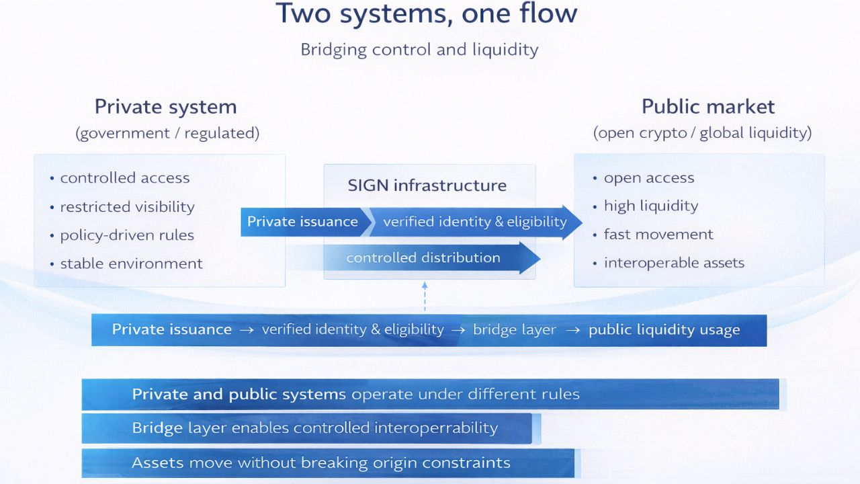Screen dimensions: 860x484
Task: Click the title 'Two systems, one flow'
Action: click(x=426, y=15)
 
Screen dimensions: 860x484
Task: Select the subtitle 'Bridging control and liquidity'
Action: click(x=419, y=50)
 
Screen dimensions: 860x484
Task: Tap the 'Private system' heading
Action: click(x=165, y=107)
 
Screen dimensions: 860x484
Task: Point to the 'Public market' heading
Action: click(x=708, y=107)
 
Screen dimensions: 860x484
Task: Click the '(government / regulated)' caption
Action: click(x=167, y=133)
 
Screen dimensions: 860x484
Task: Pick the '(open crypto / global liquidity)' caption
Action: click(x=702, y=133)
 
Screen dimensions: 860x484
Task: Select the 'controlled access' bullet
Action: click(x=125, y=178)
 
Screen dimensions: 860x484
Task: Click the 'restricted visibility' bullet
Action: click(x=127, y=207)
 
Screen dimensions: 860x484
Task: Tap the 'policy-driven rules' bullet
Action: click(x=127, y=235)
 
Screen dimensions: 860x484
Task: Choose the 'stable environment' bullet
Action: click(x=131, y=264)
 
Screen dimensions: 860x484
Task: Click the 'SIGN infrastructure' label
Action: click(x=427, y=186)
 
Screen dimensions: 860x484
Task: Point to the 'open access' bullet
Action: click(x=649, y=178)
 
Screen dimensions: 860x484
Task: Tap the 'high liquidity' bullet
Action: click(x=651, y=206)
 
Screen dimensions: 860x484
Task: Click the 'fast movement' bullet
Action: click(x=658, y=235)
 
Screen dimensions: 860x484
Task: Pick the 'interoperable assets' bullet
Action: click(x=674, y=263)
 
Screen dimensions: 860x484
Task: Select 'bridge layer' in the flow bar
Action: click(x=515, y=330)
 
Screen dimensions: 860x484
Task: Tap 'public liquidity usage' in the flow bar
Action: click(x=664, y=330)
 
